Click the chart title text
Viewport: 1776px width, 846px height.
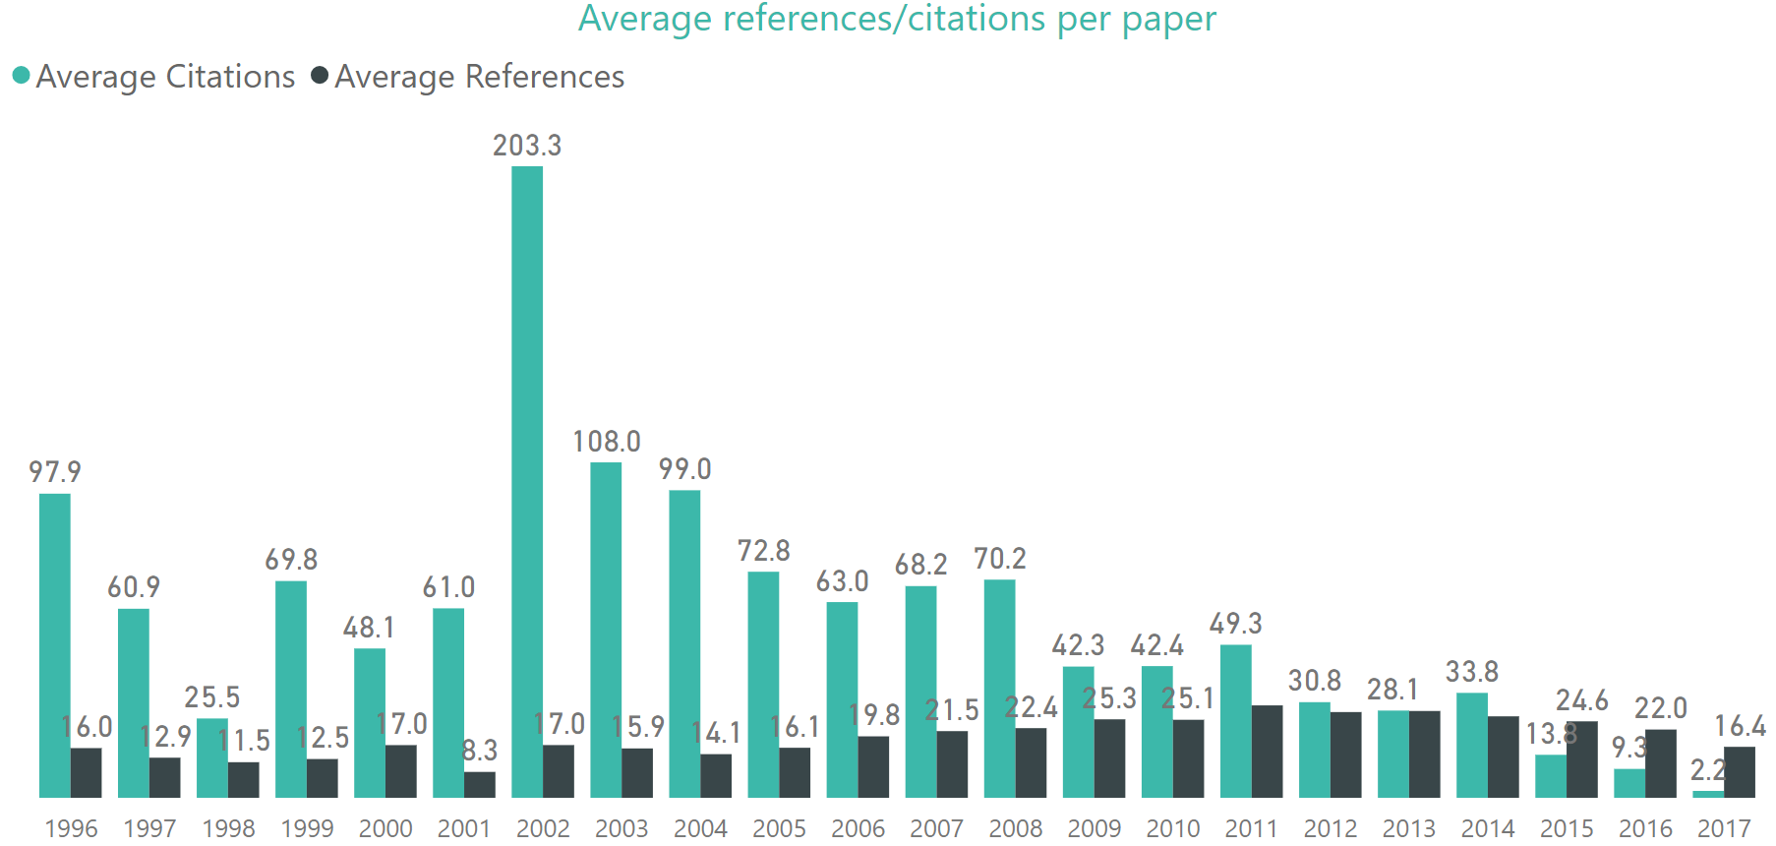(x=897, y=20)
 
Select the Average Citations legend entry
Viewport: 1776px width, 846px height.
(x=154, y=77)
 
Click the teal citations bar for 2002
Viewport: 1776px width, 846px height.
(x=527, y=482)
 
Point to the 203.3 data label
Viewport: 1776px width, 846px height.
(x=527, y=146)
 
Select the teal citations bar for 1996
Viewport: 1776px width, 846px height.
(x=55, y=644)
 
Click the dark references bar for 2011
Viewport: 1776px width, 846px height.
(x=1267, y=751)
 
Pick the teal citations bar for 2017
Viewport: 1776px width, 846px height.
(x=1708, y=793)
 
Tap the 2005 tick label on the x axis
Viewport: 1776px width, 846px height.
(x=779, y=828)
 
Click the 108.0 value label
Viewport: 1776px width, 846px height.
(x=607, y=442)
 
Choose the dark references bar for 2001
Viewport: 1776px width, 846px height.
(x=480, y=784)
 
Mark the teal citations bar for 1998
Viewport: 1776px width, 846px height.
(x=212, y=757)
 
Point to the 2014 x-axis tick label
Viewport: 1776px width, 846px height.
(x=1487, y=828)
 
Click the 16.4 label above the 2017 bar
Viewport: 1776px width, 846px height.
(x=1740, y=726)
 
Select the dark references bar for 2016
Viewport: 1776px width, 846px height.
(x=1661, y=762)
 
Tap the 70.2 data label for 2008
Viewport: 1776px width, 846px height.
(x=1000, y=559)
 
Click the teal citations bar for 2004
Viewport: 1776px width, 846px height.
(x=684, y=643)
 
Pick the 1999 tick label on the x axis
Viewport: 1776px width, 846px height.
(x=307, y=828)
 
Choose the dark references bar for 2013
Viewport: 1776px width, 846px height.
(x=1424, y=754)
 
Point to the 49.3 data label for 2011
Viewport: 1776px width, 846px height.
(x=1236, y=624)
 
